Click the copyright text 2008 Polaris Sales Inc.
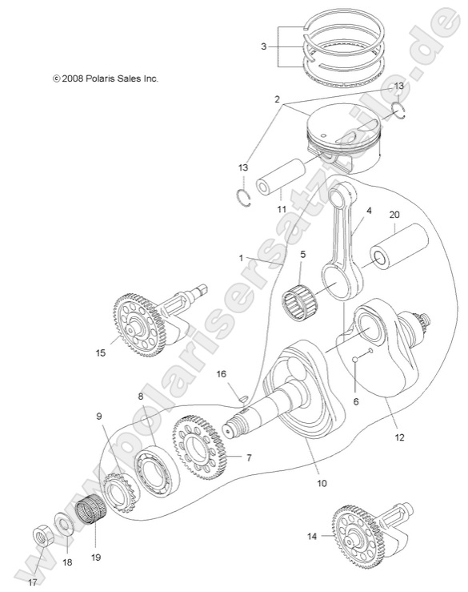click(x=105, y=79)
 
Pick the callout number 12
click(x=398, y=437)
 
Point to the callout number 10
click(x=322, y=482)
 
